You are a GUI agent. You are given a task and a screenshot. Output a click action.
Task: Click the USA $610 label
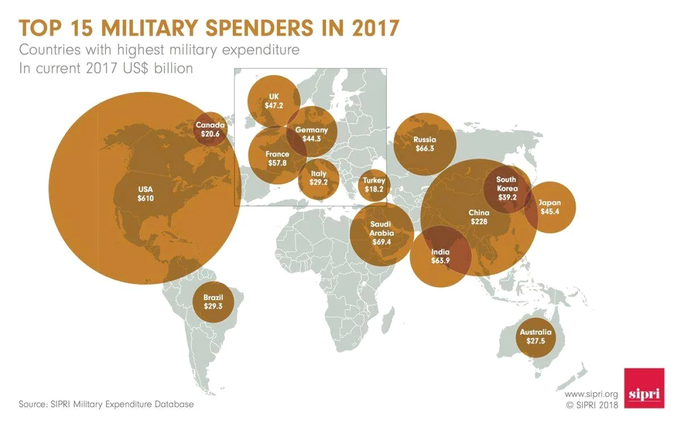[x=145, y=194]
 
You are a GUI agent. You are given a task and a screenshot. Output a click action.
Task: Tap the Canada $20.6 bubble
[x=210, y=129]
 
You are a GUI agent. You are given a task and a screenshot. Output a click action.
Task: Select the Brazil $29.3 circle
[x=213, y=302]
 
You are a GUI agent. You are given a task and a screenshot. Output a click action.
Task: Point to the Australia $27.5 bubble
[x=536, y=338]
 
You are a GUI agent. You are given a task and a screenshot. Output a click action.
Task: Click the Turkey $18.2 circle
[x=374, y=185]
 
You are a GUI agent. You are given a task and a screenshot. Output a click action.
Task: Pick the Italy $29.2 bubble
[x=319, y=179]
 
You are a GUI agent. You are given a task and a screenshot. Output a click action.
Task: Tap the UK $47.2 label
[x=274, y=101]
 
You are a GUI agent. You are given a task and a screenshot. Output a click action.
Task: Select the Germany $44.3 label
[x=311, y=134]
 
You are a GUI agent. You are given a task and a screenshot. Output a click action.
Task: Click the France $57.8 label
[x=277, y=159]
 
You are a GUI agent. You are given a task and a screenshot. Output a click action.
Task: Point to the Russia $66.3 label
[x=425, y=144]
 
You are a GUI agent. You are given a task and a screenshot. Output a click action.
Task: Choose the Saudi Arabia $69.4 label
[x=382, y=233]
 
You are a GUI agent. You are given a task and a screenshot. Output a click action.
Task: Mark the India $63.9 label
[x=440, y=256]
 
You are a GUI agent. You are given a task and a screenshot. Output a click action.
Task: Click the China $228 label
[x=479, y=217]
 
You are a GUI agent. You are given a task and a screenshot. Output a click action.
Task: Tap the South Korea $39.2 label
[x=507, y=188]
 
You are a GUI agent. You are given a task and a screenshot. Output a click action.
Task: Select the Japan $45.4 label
[x=549, y=207]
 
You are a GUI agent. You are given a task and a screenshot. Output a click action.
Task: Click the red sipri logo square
[x=644, y=388]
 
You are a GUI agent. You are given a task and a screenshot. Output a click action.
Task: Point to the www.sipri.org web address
[x=591, y=394]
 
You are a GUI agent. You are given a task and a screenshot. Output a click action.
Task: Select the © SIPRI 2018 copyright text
[x=592, y=405]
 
